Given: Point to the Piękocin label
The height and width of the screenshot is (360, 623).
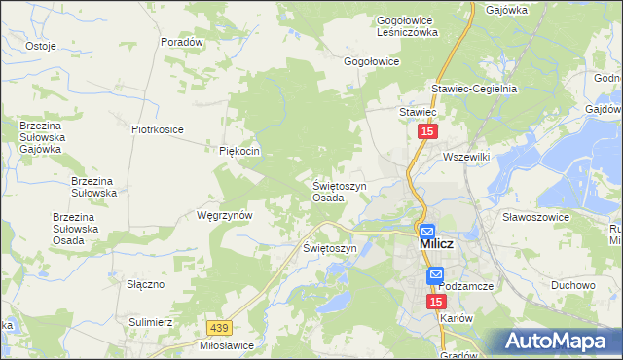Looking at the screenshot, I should coord(238,151).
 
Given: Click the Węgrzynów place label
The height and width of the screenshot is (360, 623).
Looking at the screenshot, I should coord(225,215).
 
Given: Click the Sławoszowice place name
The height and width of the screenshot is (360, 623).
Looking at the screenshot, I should coord(534,217).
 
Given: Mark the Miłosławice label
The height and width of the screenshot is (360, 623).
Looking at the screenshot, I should coord(224,345).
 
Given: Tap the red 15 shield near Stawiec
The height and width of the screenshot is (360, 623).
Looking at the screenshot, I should coord(427,131).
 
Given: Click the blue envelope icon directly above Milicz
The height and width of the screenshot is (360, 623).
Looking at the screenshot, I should coord(426,231).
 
